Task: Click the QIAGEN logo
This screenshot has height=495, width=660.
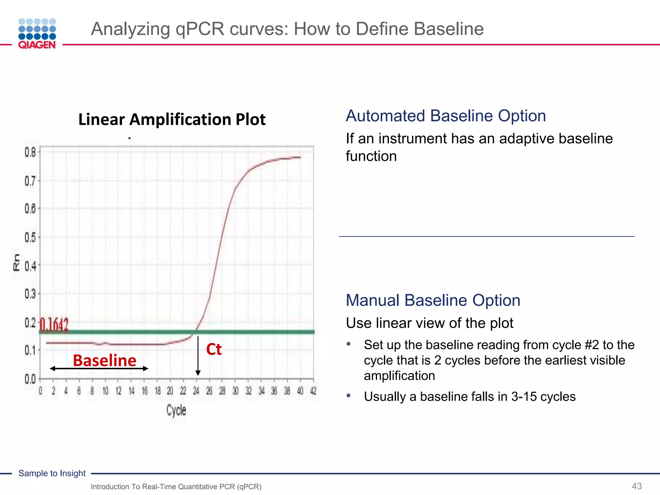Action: (37, 34)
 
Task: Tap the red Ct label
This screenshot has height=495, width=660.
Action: (214, 349)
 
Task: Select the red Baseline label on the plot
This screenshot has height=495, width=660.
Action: (104, 360)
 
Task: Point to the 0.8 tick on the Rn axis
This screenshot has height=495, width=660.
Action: (30, 152)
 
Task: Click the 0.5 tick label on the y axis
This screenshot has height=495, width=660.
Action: (30, 238)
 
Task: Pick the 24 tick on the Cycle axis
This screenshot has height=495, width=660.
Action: (196, 391)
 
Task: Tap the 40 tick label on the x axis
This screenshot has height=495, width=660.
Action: (300, 391)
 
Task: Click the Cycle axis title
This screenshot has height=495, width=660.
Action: (176, 410)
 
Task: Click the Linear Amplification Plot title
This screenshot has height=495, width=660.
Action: (172, 120)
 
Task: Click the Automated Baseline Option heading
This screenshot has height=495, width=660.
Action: (446, 116)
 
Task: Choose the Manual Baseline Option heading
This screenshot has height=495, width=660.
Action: (433, 300)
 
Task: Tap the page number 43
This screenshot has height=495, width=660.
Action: (636, 486)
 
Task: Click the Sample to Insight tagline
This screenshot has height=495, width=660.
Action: (52, 473)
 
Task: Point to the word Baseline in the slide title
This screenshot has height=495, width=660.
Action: (449, 29)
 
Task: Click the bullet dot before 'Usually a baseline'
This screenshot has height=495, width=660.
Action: (348, 395)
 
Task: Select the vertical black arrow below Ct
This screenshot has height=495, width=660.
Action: (198, 356)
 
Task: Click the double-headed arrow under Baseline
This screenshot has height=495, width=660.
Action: (99, 368)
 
